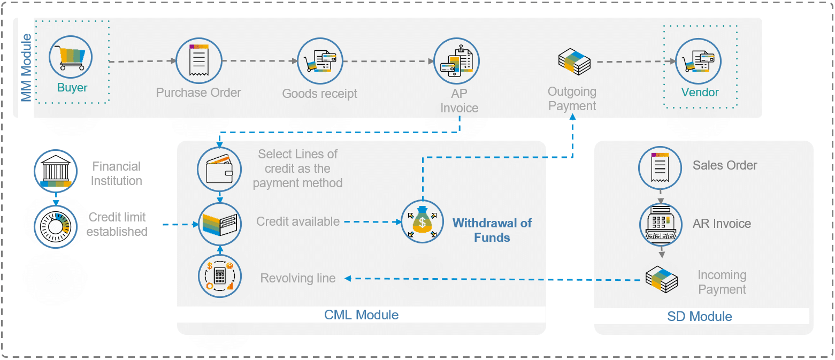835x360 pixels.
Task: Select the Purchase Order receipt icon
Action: pyautogui.click(x=199, y=60)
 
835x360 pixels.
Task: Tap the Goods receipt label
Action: pyautogui.click(x=319, y=94)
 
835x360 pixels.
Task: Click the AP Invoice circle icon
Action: pyautogui.click(x=456, y=60)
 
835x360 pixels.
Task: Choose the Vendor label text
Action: pyautogui.click(x=700, y=93)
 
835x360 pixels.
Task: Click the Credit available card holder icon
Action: pyautogui.click(x=220, y=224)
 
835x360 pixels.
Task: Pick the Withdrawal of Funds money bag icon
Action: pyautogui.click(x=423, y=221)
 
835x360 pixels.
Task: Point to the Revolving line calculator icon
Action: pyautogui.click(x=220, y=276)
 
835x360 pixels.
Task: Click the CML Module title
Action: pyautogui.click(x=361, y=315)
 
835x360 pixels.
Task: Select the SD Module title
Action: pyautogui.click(x=699, y=317)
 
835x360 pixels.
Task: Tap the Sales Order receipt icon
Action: pyautogui.click(x=661, y=168)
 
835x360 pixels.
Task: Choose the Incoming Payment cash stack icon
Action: pyautogui.click(x=662, y=279)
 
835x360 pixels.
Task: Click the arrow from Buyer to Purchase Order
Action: pyautogui.click(x=142, y=62)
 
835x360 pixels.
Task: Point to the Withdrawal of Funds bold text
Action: pyautogui.click(x=492, y=231)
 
